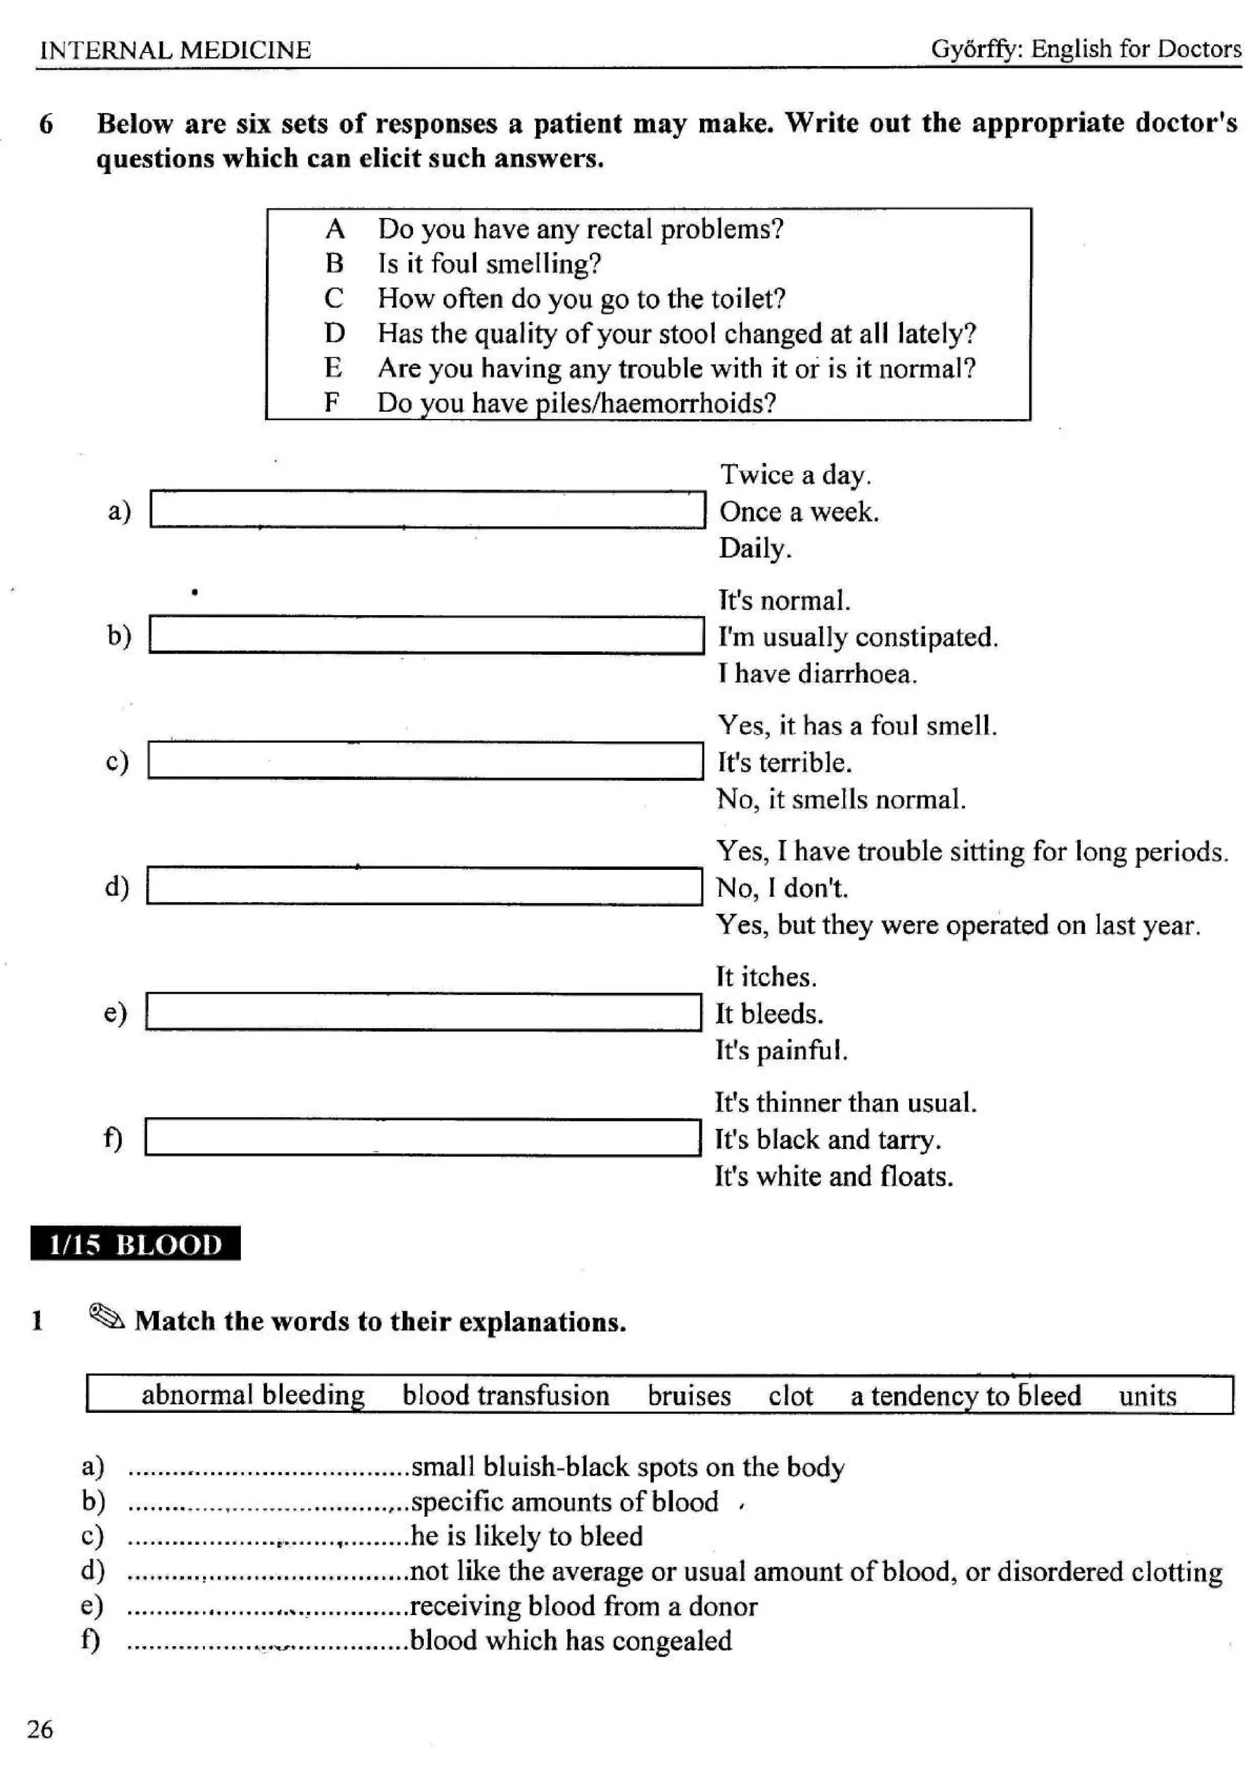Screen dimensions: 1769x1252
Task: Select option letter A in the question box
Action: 334,229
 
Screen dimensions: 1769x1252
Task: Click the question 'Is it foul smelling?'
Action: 489,263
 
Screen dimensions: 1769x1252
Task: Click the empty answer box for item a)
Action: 427,509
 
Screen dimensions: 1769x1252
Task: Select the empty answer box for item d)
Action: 424,886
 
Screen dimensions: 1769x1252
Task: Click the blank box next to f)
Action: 422,1137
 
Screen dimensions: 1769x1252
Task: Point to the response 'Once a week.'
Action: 798,512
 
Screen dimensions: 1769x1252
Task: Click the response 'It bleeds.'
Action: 770,1013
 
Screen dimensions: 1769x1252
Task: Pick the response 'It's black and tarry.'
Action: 828,1139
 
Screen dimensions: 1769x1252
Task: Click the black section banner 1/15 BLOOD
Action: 136,1244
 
